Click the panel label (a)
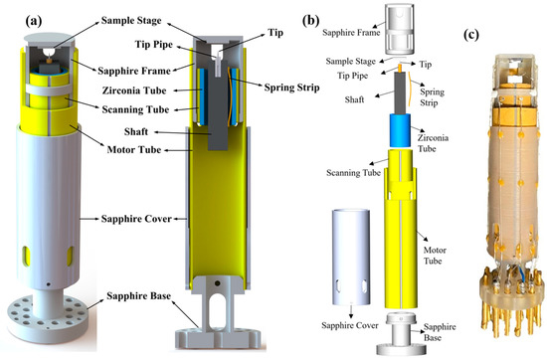point(21,18)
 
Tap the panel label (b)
point(309,18)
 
